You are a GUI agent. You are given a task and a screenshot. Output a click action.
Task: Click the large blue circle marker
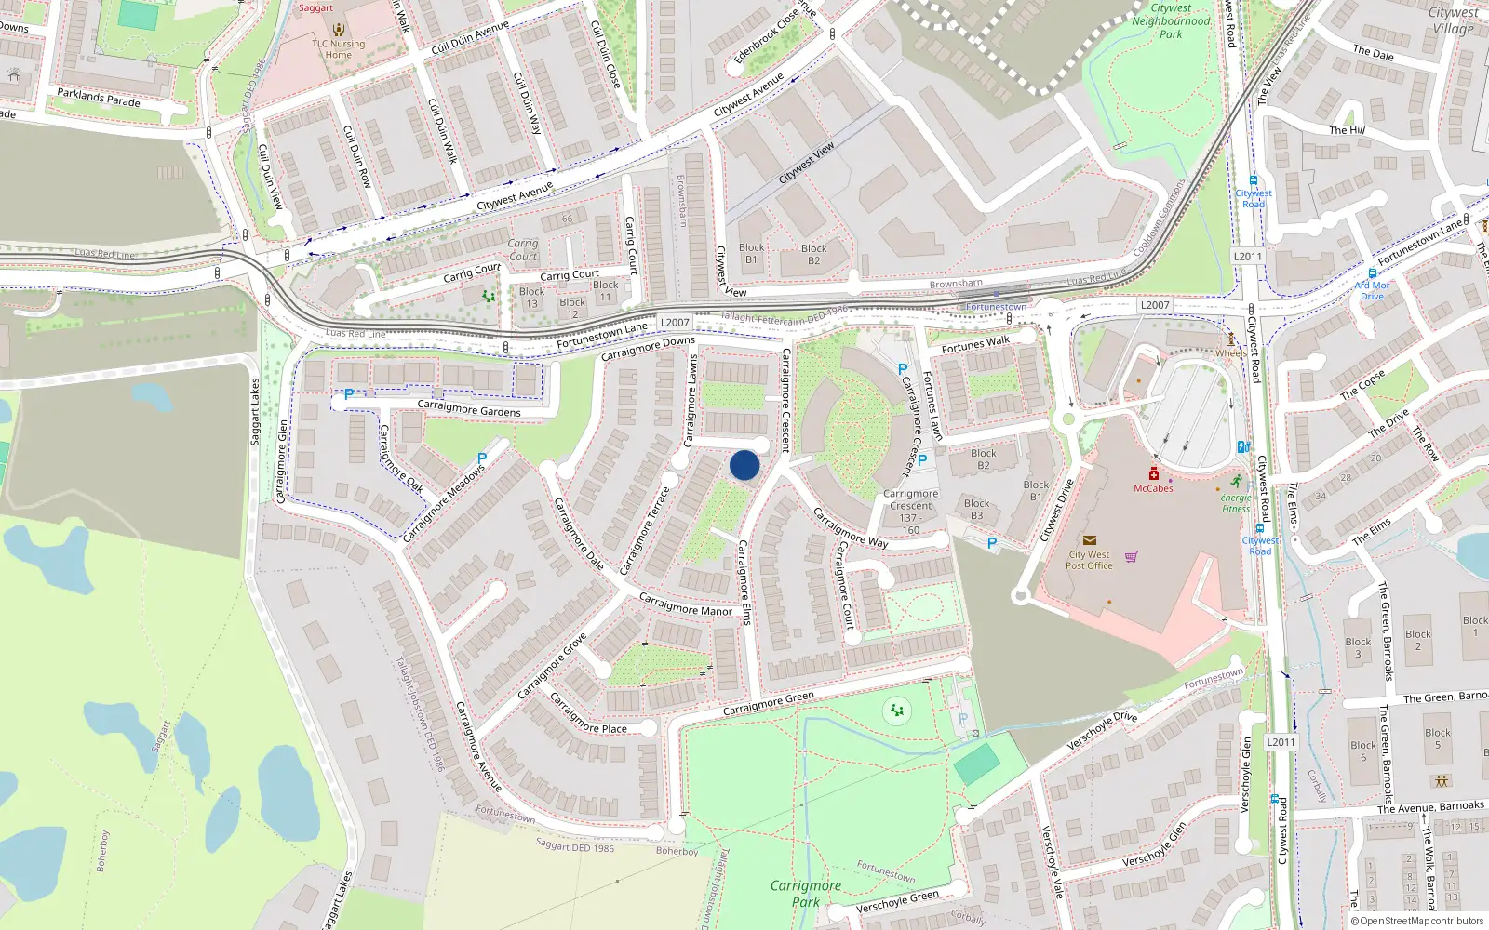(x=744, y=465)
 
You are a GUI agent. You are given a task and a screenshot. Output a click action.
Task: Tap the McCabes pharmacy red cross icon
(x=1154, y=473)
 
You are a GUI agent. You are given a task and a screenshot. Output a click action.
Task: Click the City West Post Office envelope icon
(x=1090, y=540)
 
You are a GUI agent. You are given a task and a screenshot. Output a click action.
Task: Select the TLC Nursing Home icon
(x=339, y=29)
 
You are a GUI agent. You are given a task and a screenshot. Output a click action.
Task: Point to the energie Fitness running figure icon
(x=1236, y=482)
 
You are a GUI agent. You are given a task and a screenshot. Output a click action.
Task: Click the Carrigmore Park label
(x=806, y=893)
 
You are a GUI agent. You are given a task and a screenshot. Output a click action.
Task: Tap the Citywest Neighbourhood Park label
(x=1171, y=20)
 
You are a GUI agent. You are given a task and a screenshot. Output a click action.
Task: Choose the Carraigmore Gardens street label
(x=469, y=408)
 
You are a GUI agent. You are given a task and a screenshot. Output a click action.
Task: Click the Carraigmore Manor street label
(x=686, y=604)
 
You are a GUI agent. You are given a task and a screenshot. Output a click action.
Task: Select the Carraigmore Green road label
(x=769, y=703)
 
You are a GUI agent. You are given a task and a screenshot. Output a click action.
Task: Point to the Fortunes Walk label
(x=975, y=345)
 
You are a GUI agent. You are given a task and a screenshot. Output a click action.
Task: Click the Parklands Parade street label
(x=99, y=98)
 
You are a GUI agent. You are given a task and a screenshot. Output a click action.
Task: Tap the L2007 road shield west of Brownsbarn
(x=675, y=323)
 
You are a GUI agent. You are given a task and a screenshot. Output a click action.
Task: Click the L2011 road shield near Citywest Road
(x=1248, y=257)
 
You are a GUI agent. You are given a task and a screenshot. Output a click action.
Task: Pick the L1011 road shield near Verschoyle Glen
(x=1281, y=742)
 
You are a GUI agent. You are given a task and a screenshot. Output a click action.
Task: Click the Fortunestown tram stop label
(x=997, y=307)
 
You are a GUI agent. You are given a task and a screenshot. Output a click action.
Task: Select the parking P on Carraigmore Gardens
(x=349, y=394)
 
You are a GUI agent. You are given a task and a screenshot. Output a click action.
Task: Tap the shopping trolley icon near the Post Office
(x=1132, y=557)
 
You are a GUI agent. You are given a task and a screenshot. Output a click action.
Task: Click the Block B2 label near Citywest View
(x=813, y=254)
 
